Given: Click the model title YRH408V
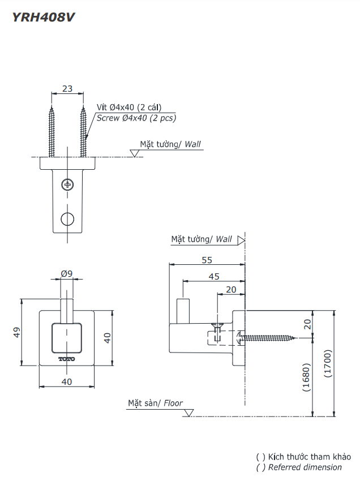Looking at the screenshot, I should [x=44, y=17].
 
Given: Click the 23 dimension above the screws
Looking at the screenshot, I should [x=67, y=88].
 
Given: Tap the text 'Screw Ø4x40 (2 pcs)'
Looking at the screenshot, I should [x=136, y=118].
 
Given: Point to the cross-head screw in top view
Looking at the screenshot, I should [x=67, y=184].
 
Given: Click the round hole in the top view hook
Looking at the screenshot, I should [x=67, y=219].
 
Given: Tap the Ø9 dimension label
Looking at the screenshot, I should [x=67, y=274].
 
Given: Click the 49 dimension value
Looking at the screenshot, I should [x=16, y=332].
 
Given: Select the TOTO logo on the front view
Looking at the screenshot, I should [x=67, y=359].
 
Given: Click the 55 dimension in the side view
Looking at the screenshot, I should [x=207, y=260].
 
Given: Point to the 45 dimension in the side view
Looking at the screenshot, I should [x=213, y=277].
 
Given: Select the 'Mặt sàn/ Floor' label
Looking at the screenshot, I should [x=155, y=403].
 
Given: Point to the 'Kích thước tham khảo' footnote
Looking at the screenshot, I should [x=309, y=457].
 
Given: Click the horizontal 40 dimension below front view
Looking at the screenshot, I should [x=67, y=382].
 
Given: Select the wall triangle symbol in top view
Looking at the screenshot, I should [x=135, y=153].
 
